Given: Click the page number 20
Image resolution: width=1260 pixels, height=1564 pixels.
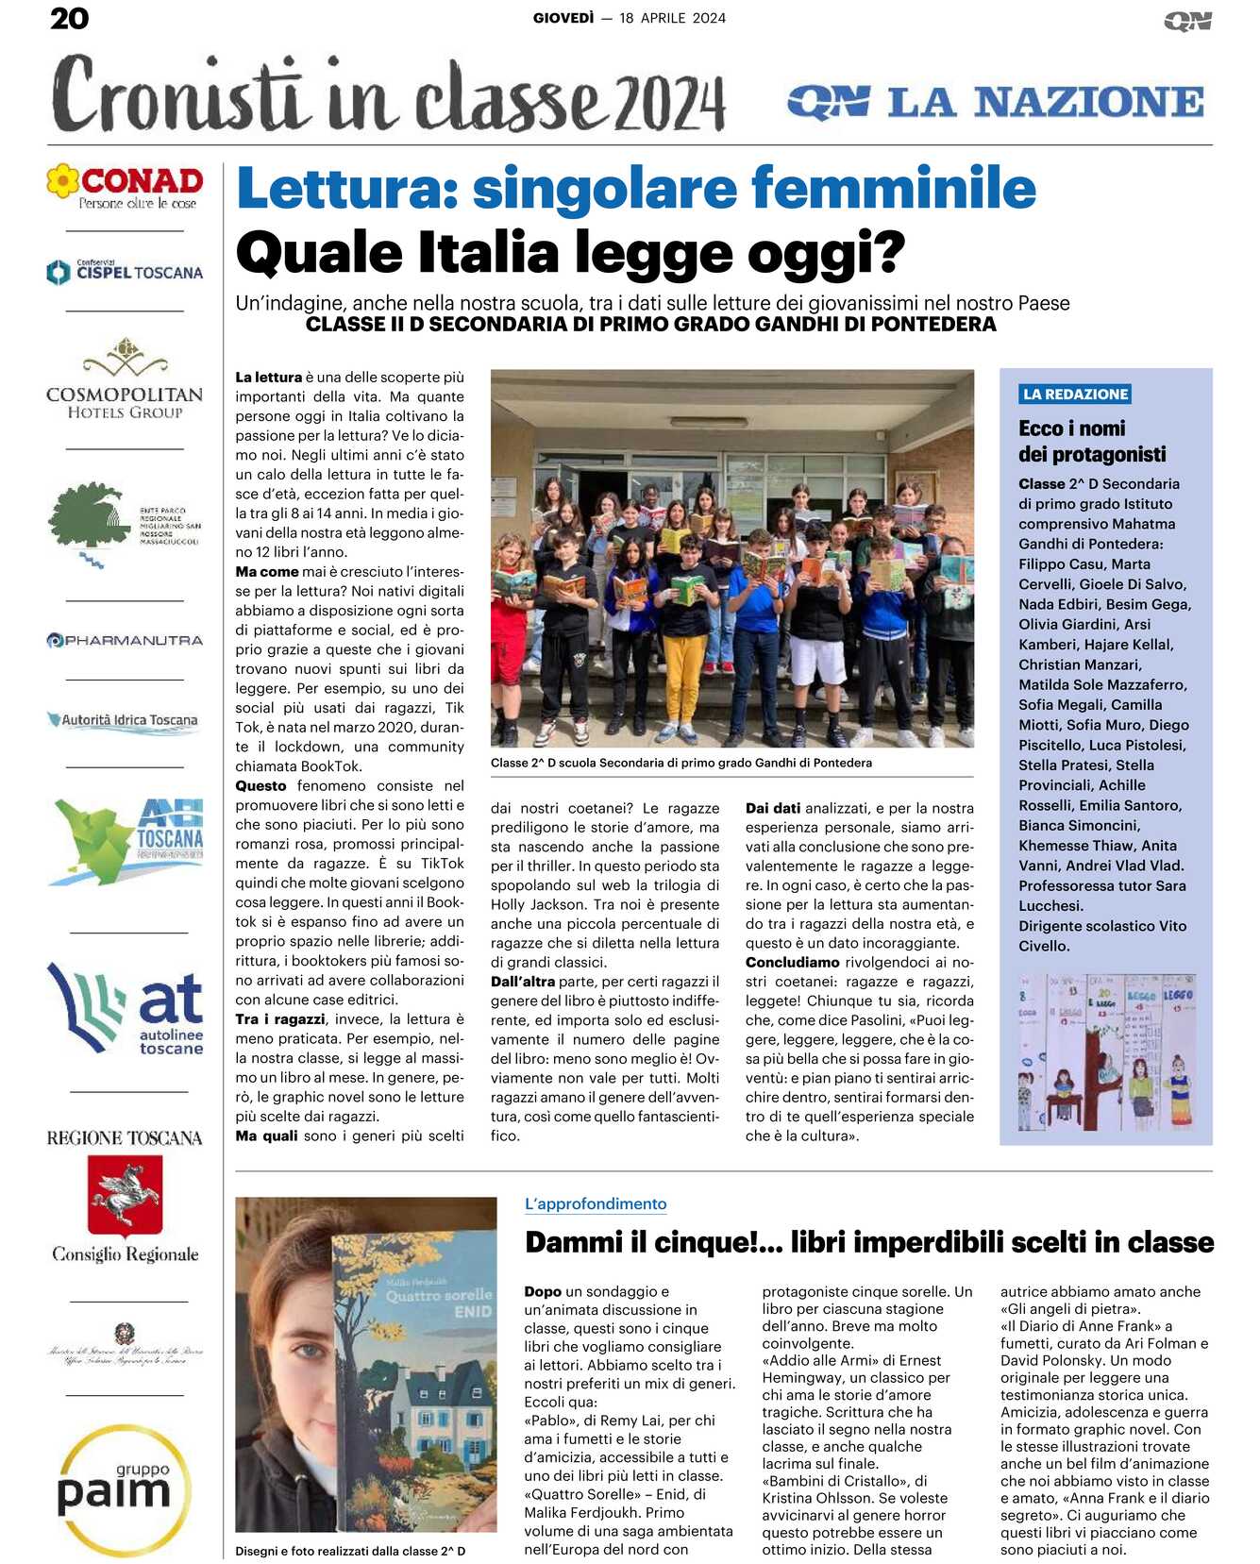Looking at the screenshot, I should pos(69,18).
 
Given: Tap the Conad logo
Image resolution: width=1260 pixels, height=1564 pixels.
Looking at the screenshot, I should pos(126,186).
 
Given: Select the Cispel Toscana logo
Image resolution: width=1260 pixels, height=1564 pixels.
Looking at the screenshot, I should pos(126,272).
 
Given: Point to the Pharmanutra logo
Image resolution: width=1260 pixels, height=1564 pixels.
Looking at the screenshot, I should pos(126,640).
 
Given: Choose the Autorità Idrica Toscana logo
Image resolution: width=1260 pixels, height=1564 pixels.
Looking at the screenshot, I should pos(125,720).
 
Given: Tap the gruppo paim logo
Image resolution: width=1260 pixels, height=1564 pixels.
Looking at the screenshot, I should pos(116,1489).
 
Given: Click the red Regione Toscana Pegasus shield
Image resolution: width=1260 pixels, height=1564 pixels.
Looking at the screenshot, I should pos(125,1195).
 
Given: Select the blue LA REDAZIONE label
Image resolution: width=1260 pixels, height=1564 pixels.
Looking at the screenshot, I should pos(1075,394).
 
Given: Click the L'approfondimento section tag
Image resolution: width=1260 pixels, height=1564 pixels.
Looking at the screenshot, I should pos(596,1203).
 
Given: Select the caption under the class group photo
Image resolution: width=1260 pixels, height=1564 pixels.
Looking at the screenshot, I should pos(681,763).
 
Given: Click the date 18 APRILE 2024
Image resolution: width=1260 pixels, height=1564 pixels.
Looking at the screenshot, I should pos(672,18).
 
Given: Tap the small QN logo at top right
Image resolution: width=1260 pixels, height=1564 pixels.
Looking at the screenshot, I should pos(1187,20).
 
